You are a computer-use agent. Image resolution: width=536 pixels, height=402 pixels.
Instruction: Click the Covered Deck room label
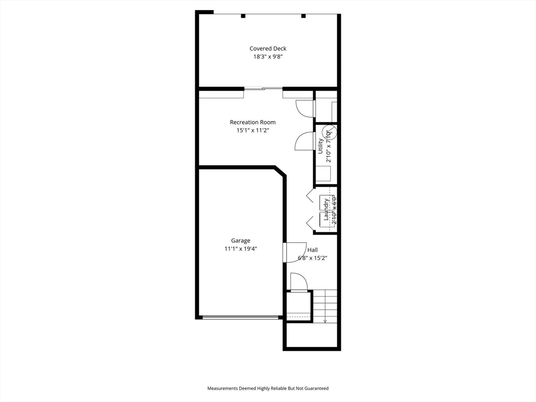tap(267, 49)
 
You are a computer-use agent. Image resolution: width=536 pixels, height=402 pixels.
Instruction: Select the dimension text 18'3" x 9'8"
tap(267, 57)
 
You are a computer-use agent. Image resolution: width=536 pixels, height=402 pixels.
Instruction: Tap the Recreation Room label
tap(252, 122)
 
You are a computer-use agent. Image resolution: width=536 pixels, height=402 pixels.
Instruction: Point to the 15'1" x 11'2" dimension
tap(252, 131)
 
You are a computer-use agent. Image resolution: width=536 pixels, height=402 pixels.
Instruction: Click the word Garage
tap(241, 241)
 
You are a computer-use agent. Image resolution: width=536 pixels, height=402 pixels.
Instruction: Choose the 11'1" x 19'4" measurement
tap(241, 249)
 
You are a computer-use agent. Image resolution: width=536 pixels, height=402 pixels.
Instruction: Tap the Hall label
tap(312, 250)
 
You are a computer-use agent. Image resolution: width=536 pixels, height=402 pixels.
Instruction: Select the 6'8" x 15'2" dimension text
tap(312, 258)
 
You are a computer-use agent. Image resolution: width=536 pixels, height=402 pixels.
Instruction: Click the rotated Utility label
tap(320, 145)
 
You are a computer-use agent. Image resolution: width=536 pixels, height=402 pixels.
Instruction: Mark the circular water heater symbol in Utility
tap(328, 132)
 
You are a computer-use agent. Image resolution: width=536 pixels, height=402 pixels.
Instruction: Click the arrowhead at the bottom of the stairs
tap(325, 321)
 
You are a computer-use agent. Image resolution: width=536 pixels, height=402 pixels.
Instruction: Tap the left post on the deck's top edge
tap(243, 16)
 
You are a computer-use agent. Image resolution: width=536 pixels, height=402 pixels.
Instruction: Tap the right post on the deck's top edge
tap(303, 16)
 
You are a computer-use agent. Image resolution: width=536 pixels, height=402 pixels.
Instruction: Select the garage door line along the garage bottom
tap(241, 317)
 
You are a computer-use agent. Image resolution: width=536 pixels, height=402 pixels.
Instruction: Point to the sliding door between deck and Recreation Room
tap(263, 88)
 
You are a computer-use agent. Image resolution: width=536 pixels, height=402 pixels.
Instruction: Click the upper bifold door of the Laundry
tap(309, 197)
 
